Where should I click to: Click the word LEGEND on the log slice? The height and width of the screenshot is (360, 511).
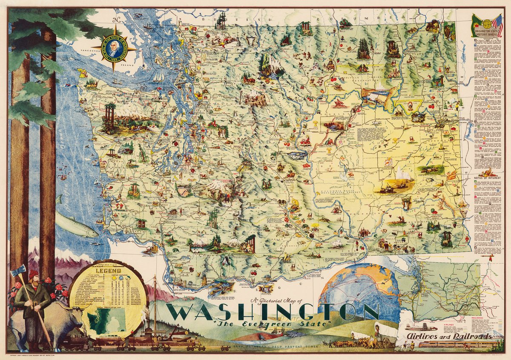click(x=108, y=270)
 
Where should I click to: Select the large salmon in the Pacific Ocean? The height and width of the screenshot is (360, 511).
click(x=77, y=226)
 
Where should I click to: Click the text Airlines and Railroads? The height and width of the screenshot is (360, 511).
click(x=443, y=336)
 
